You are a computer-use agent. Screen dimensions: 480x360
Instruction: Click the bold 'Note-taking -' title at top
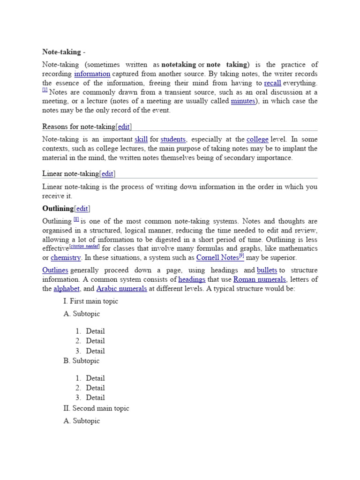[x=64, y=52]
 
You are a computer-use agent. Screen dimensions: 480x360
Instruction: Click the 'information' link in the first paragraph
[x=92, y=74]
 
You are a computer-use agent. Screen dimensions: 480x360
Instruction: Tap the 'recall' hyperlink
[x=272, y=83]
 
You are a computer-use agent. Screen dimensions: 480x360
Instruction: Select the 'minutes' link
[x=243, y=101]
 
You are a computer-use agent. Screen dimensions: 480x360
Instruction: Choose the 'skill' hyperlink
[x=141, y=139]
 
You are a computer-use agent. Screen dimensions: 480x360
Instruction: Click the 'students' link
[x=173, y=139]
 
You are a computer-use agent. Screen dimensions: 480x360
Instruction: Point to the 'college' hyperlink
[x=257, y=139]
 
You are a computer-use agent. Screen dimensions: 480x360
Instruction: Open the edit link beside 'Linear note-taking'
[x=107, y=174]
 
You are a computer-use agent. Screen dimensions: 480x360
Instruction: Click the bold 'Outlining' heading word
[x=58, y=209]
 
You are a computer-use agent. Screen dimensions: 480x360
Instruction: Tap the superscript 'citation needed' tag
[x=84, y=247]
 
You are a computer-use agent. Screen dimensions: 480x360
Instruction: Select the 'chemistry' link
[x=66, y=258]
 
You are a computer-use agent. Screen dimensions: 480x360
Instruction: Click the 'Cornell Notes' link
[x=217, y=258]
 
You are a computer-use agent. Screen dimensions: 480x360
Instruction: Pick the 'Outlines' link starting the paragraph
[x=55, y=270]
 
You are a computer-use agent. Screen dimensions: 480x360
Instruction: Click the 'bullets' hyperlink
[x=267, y=270]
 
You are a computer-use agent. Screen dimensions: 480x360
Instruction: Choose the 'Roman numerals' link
[x=266, y=279]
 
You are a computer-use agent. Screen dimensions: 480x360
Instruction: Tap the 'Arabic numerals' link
[x=121, y=289]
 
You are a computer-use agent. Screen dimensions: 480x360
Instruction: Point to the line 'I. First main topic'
[x=90, y=301]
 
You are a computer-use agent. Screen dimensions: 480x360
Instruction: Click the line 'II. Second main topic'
[x=96, y=408]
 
